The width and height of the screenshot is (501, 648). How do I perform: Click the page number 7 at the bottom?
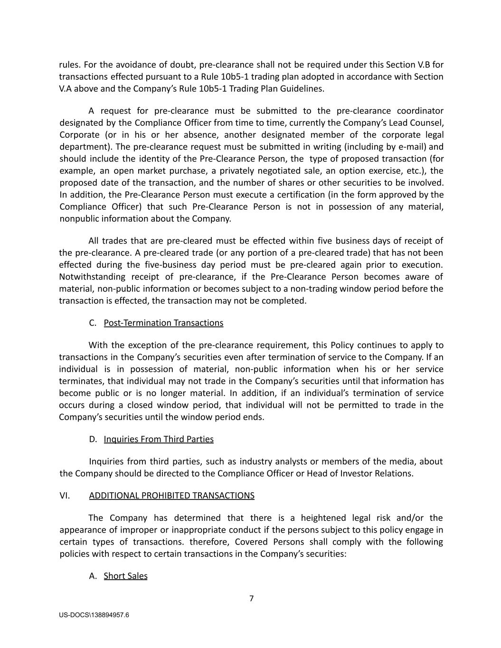click(251, 598)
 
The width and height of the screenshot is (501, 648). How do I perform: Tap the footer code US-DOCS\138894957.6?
click(94, 615)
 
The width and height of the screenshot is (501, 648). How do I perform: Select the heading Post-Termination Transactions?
click(163, 323)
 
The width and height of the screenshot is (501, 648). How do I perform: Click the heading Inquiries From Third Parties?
click(159, 439)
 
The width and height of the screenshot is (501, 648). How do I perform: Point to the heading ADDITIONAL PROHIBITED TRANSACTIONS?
click(171, 496)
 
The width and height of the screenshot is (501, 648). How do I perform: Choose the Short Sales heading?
click(125, 576)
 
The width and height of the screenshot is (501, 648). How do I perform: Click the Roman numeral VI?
click(65, 496)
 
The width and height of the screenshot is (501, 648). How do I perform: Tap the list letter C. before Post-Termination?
click(93, 323)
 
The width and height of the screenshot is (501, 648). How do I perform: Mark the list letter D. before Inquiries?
click(93, 439)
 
